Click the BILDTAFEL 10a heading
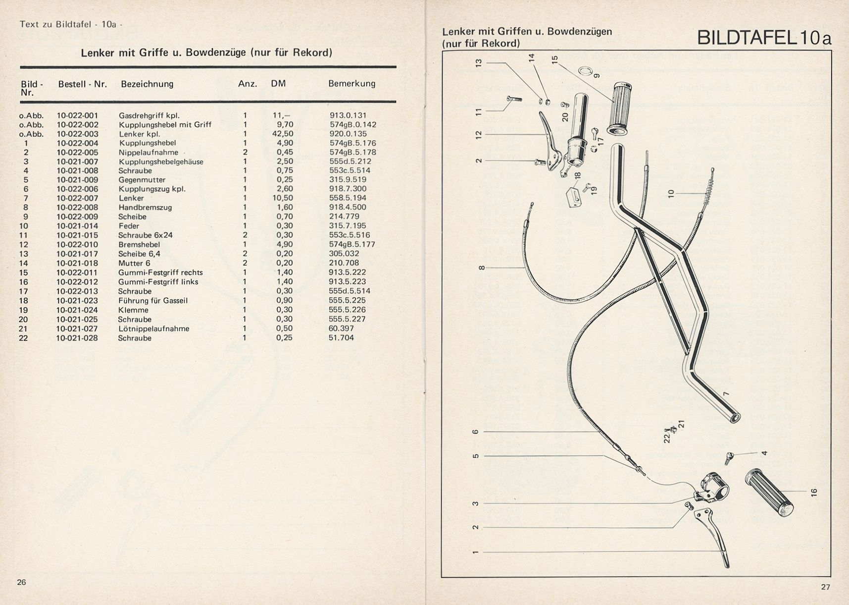pos(764,38)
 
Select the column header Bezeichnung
pos(147,84)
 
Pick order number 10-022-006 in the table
pos(77,189)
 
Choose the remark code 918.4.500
pos(348,207)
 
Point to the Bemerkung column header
pos(351,84)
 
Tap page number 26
pos(21,582)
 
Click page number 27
pos(825,587)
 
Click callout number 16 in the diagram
pos(814,492)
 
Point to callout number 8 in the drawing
pos(482,268)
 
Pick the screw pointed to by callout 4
pos(728,457)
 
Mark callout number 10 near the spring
pos(671,193)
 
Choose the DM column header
pos(278,84)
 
